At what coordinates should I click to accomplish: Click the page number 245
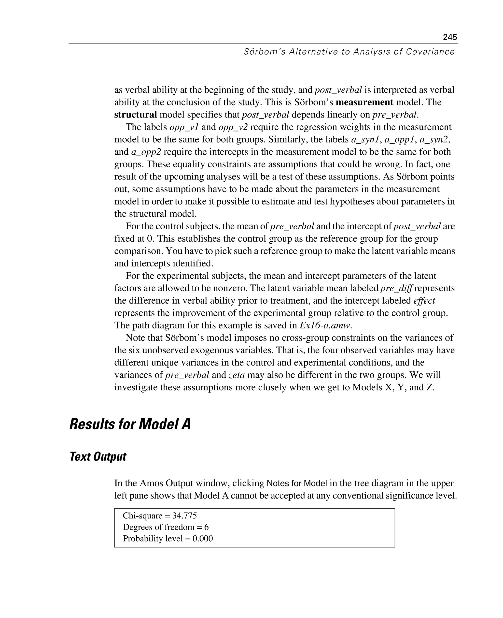(x=450, y=37)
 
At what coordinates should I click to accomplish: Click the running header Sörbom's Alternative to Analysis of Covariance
(x=349, y=52)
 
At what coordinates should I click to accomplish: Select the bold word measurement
(x=364, y=102)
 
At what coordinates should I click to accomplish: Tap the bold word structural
(x=135, y=115)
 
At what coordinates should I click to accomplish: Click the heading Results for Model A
(x=130, y=424)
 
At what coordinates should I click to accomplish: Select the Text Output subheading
(x=98, y=456)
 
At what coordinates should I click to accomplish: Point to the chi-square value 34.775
(x=184, y=516)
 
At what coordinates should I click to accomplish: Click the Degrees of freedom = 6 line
(x=166, y=527)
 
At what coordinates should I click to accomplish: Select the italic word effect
(x=424, y=301)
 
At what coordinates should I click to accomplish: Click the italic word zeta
(x=237, y=375)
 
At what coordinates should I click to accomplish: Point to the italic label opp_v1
(x=184, y=127)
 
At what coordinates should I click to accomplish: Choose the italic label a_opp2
(x=146, y=152)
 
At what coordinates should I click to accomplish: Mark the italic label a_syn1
(x=365, y=139)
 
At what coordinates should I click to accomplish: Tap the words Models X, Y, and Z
(x=393, y=387)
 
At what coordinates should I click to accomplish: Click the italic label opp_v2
(x=233, y=127)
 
